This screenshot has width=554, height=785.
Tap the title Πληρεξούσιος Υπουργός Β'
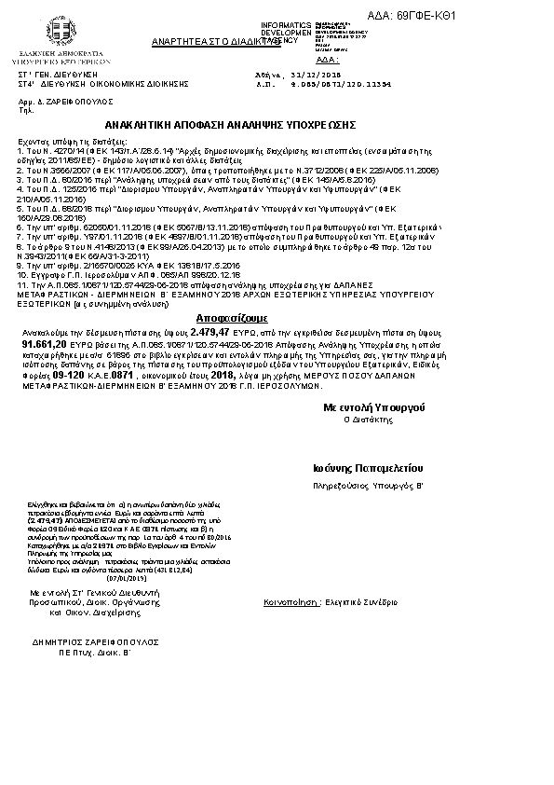click(368, 487)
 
